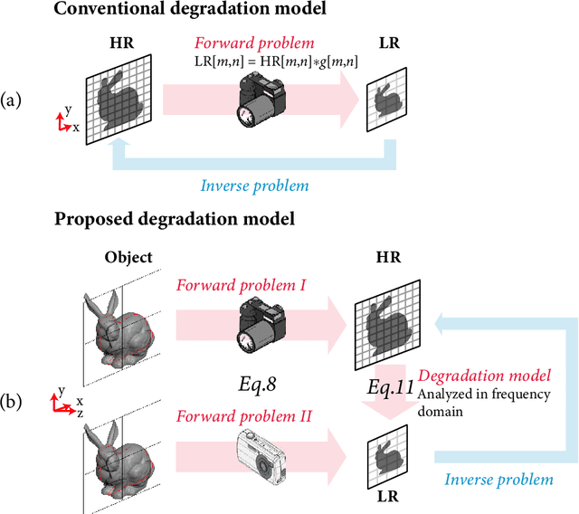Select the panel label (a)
coord(14,99)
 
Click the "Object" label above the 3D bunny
coord(128,258)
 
